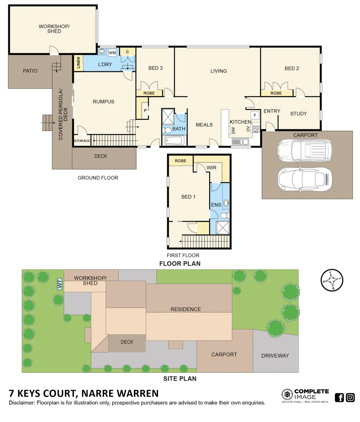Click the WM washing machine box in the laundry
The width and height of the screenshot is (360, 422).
[x=113, y=53]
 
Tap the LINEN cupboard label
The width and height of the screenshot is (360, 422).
[x=79, y=63]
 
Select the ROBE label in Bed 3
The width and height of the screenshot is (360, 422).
[x=149, y=93]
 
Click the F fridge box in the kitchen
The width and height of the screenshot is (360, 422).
[x=255, y=115]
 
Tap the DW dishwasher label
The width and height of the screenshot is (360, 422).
[x=233, y=131]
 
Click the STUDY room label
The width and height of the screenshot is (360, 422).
[x=298, y=114]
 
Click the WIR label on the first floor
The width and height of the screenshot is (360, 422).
[x=211, y=168]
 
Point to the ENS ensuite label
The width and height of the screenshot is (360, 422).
[x=216, y=205]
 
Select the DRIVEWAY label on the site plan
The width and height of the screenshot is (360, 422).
[x=275, y=356]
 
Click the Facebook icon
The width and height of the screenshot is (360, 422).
[x=339, y=398]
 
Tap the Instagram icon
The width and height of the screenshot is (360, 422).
[x=351, y=398]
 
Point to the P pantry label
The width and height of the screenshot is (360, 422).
[x=145, y=110]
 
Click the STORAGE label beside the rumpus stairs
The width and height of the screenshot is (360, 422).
[x=82, y=141]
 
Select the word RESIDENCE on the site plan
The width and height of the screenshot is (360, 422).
[x=185, y=309]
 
